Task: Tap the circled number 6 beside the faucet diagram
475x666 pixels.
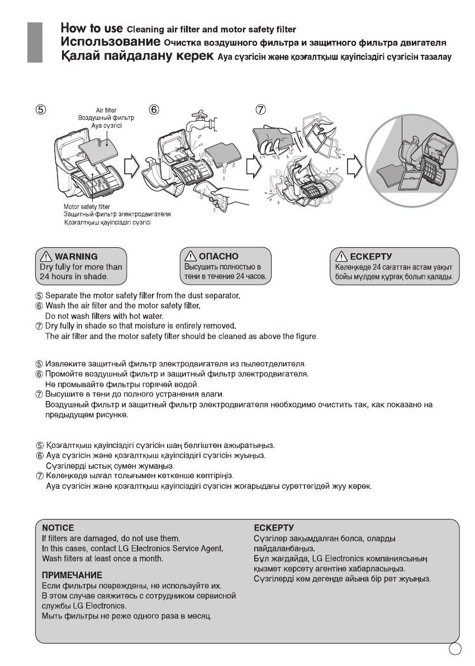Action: [153, 110]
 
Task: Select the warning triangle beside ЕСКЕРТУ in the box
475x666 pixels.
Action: [339, 257]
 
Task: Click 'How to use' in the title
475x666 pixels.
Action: [92, 27]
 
